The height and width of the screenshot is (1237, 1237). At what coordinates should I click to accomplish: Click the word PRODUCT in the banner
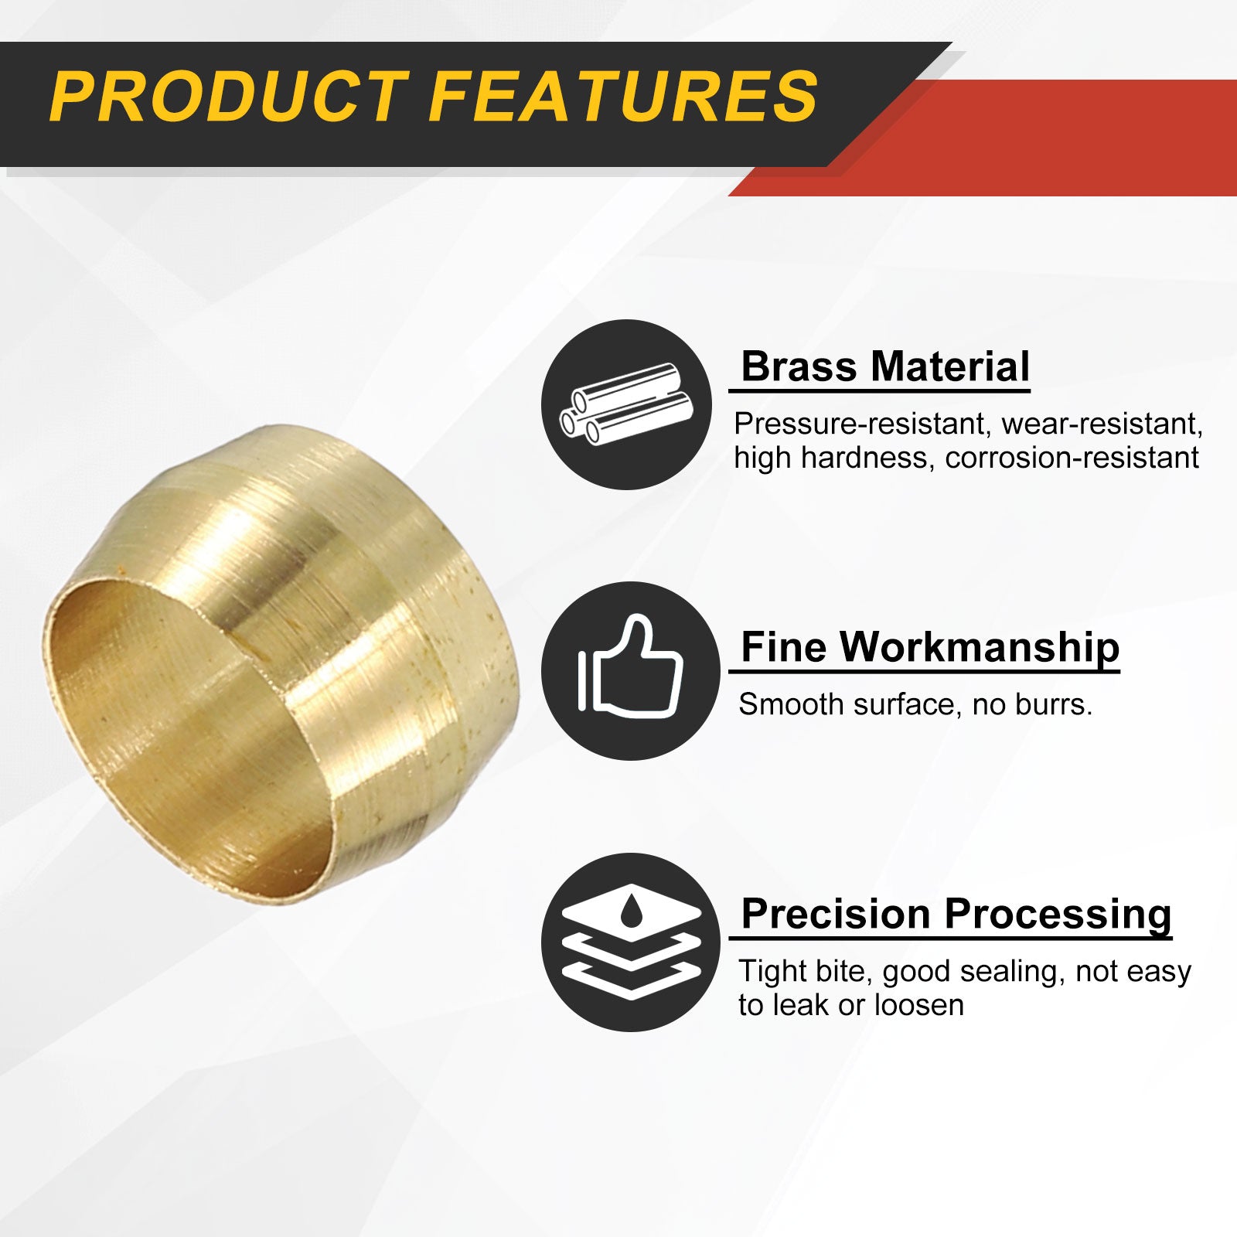(230, 97)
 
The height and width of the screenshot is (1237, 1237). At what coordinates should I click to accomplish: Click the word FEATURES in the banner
(623, 97)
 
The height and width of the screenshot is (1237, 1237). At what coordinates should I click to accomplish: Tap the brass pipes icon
(626, 404)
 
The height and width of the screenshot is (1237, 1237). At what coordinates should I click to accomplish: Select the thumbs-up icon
(631, 666)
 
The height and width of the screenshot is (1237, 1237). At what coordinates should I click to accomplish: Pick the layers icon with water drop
(631, 942)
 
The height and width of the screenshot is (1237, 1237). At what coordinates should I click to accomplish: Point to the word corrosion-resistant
(1072, 458)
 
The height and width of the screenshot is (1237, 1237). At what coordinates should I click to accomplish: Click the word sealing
(1007, 973)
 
